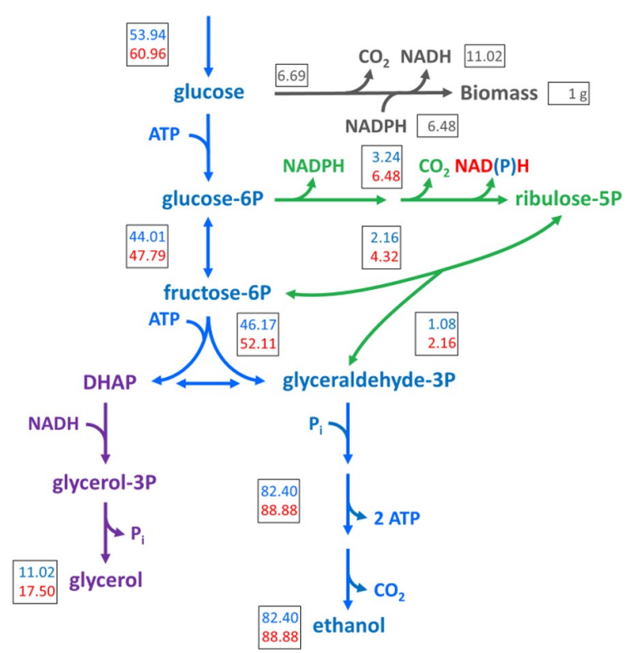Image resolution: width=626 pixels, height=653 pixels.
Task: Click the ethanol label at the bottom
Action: pos(348,625)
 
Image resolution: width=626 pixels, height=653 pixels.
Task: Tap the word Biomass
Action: pos(497,93)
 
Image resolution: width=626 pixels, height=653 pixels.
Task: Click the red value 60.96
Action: pos(148,56)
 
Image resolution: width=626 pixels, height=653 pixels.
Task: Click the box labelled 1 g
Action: pos(569,94)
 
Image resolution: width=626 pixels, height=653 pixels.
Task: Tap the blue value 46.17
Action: pos(258,325)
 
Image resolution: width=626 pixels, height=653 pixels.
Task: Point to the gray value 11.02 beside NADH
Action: pos(485,56)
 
